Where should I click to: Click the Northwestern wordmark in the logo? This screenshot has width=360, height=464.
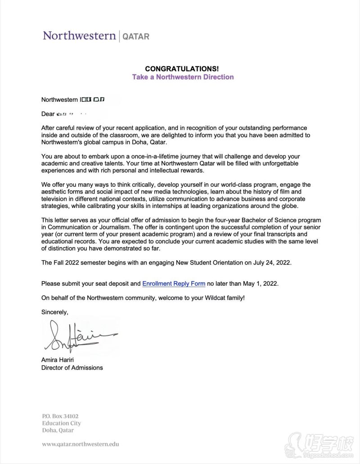[79, 36]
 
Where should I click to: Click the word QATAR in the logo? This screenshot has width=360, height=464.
[135, 36]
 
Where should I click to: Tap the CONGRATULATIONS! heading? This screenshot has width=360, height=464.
[183, 68]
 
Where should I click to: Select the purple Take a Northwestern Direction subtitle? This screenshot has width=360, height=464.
[183, 77]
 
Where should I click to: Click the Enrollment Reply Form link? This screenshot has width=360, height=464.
[174, 284]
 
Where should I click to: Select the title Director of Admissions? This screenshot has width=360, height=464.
[72, 368]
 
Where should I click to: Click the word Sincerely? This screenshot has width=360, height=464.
[55, 312]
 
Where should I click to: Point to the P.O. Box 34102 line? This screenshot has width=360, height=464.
[60, 416]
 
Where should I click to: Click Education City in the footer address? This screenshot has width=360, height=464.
[62, 423]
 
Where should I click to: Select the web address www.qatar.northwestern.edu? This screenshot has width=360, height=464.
[80, 444]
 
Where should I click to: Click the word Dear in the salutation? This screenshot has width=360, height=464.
[48, 114]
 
